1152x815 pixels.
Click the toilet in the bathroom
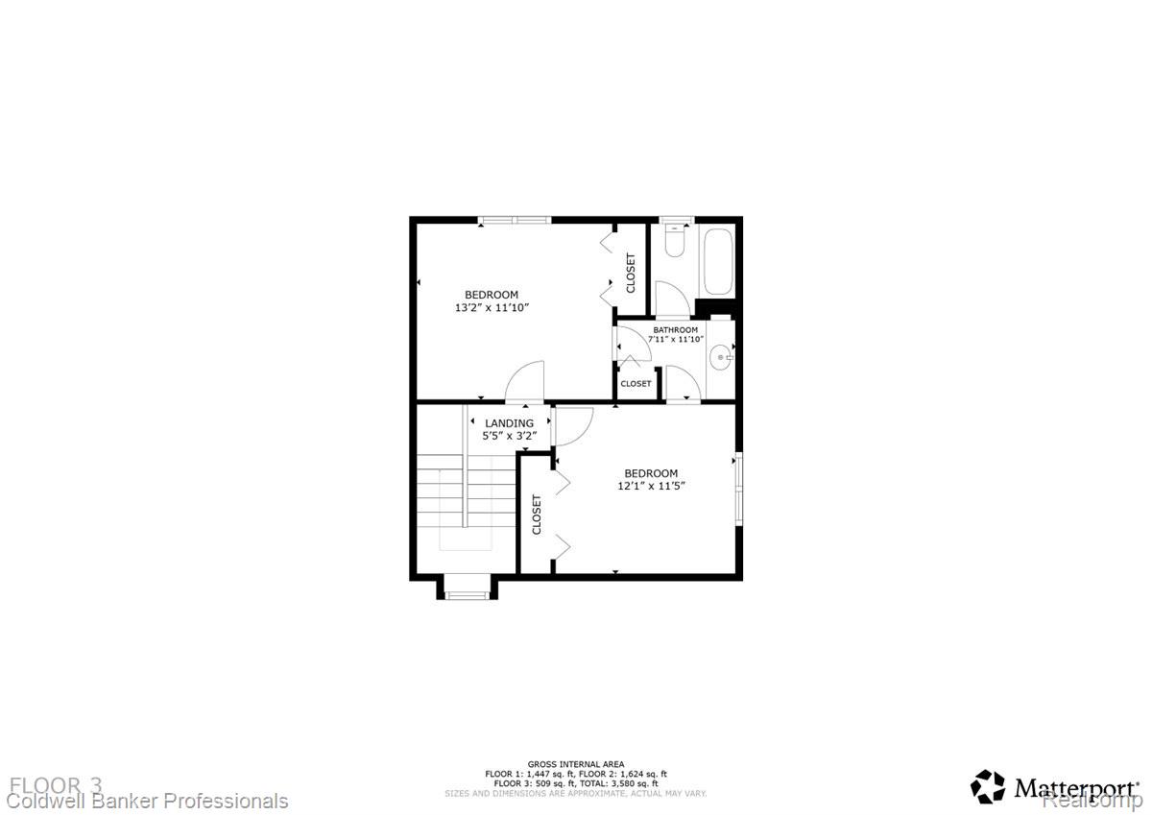tap(675, 240)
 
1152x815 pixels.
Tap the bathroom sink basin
tap(721, 359)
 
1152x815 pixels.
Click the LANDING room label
tap(509, 423)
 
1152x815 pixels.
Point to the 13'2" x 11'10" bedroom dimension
tap(492, 308)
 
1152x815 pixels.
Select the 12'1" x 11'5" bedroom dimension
tap(651, 486)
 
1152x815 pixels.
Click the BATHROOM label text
tap(676, 330)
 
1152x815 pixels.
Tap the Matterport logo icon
tap(988, 786)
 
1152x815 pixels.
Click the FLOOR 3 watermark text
tap(56, 785)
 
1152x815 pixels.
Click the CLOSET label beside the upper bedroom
tap(631, 273)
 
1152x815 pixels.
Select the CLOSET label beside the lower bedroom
tap(537, 515)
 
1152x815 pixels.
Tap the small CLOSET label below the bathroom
tap(636, 384)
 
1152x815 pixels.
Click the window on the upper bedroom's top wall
tap(515, 220)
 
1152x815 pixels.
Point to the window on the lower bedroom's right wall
tap(738, 489)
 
